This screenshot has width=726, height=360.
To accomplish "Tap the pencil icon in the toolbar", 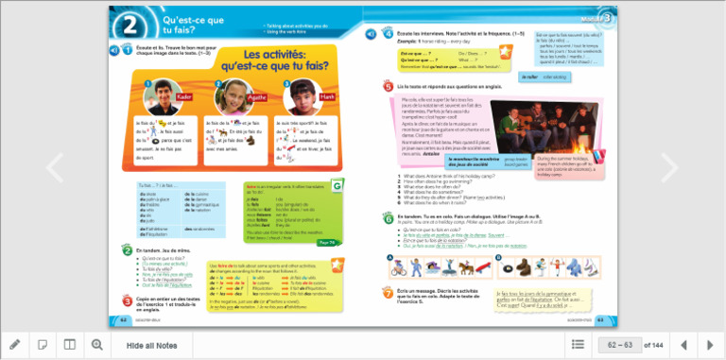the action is (x=15, y=345).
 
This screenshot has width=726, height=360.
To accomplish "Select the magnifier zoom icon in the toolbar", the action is (x=96, y=345).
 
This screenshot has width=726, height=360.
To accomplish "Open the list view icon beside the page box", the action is (x=578, y=345).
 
